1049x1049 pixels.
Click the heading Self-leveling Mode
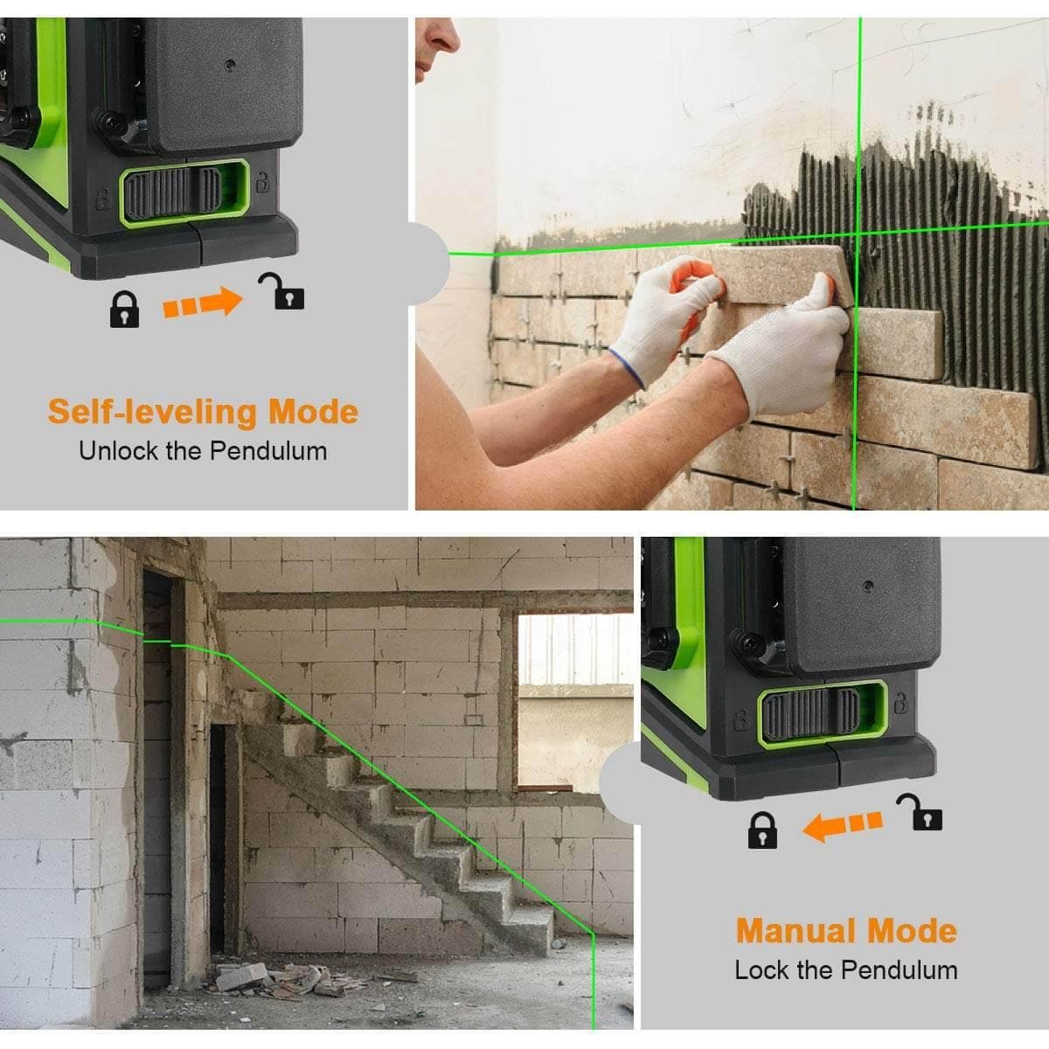pyautogui.click(x=203, y=411)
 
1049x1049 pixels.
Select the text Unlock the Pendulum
pyautogui.click(x=203, y=451)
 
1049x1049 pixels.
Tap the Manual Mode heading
pyautogui.click(x=845, y=930)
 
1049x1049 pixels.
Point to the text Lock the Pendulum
pyautogui.click(x=845, y=970)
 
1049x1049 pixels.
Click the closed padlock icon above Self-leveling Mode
pyautogui.click(x=124, y=309)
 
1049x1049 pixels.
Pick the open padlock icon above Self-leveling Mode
pyautogui.click(x=281, y=292)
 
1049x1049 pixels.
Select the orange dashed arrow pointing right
pyautogui.click(x=203, y=302)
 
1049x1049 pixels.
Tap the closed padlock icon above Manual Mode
pyautogui.click(x=762, y=830)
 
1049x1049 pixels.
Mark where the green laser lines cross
pyautogui.click(x=858, y=233)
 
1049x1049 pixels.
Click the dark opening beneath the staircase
pyautogui.click(x=219, y=839)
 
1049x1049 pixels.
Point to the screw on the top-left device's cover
pyautogui.click(x=229, y=64)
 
